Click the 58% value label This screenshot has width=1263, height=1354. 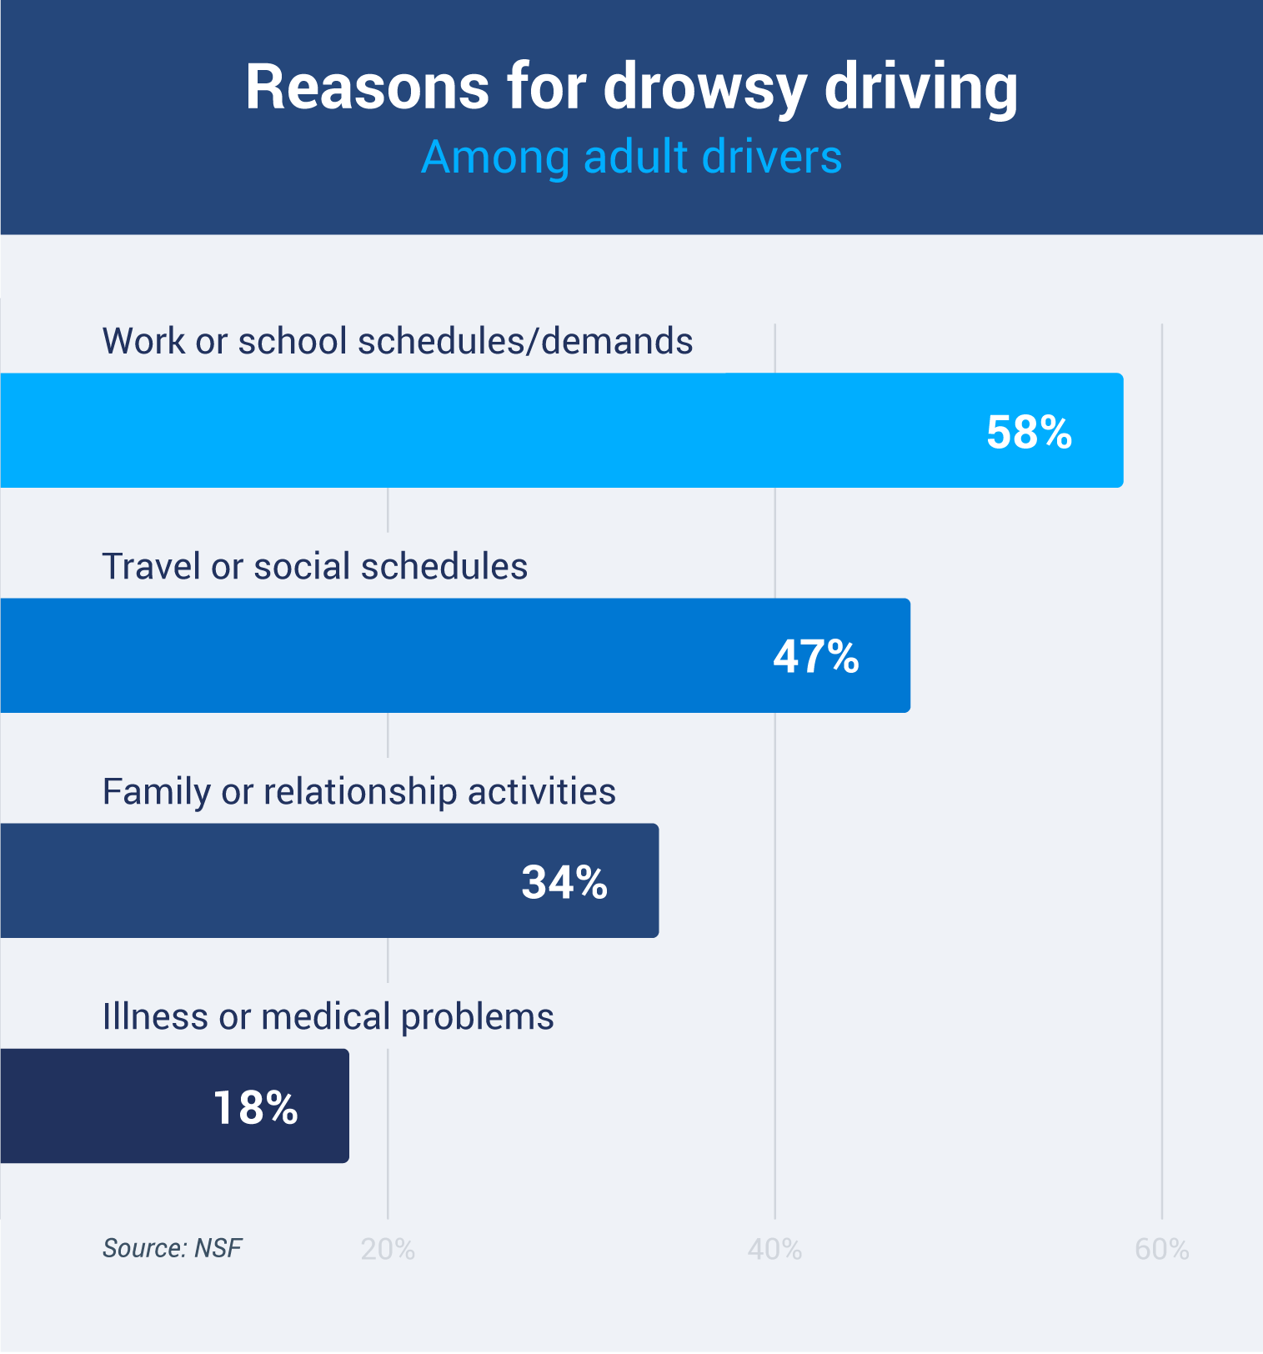tap(1029, 432)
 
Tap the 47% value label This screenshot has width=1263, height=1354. tap(816, 656)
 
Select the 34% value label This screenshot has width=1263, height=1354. tap(564, 881)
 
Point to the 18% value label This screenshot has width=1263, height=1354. tap(255, 1107)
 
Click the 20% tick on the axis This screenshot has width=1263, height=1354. tap(388, 1249)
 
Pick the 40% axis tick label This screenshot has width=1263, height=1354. tap(774, 1249)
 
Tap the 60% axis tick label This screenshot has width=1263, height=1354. tap(1161, 1249)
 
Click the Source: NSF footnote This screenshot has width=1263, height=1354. tap(172, 1248)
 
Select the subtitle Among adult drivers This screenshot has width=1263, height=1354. tap(631, 157)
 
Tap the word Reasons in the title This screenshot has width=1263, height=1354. tap(367, 88)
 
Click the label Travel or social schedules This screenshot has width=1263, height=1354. tap(314, 566)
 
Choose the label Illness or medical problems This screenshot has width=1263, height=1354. tap(328, 1016)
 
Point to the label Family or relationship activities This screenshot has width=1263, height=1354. tap(358, 791)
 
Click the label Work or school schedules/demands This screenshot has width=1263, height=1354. tap(397, 341)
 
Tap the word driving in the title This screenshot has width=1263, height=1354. tap(920, 88)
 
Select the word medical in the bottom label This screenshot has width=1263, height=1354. tap(325, 1016)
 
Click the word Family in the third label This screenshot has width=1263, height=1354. tap(155, 791)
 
